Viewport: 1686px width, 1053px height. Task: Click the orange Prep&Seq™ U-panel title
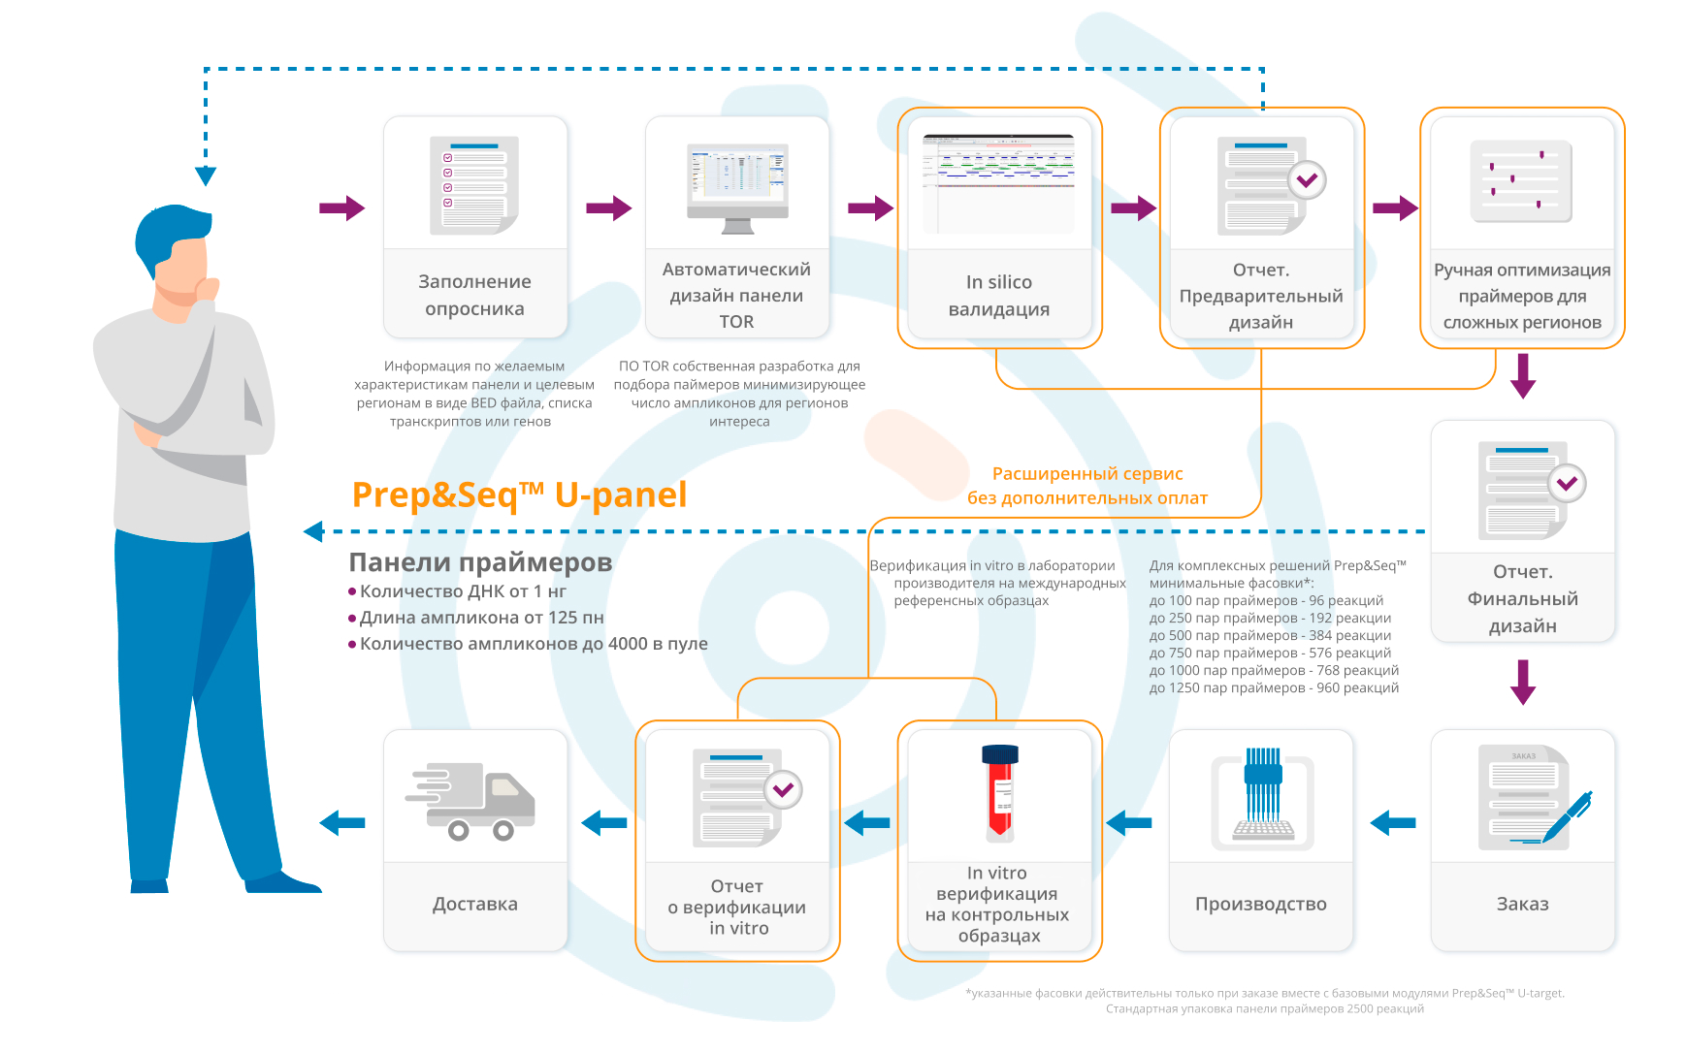click(x=519, y=495)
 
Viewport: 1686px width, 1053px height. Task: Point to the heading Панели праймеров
click(x=480, y=562)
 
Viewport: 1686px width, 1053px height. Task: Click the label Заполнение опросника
click(x=474, y=295)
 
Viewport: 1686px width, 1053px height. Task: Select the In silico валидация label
click(x=999, y=295)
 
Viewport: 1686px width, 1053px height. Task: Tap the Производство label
click(x=1260, y=904)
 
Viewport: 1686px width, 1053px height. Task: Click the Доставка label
click(x=474, y=904)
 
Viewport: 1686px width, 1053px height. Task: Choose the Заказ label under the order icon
click(x=1522, y=904)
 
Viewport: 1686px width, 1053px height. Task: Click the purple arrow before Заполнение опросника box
click(x=341, y=207)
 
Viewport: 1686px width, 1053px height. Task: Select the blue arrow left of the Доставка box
click(x=341, y=823)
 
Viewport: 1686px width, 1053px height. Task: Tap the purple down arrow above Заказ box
click(x=1523, y=682)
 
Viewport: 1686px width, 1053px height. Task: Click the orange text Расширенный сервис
click(x=1086, y=474)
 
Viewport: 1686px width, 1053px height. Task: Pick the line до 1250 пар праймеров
click(x=1274, y=688)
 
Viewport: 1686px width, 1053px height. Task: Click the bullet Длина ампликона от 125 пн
click(x=481, y=618)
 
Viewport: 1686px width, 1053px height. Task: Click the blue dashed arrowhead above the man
click(x=206, y=175)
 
